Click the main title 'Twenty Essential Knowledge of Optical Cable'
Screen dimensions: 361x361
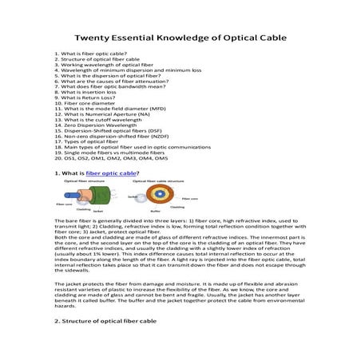[x=179, y=37]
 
